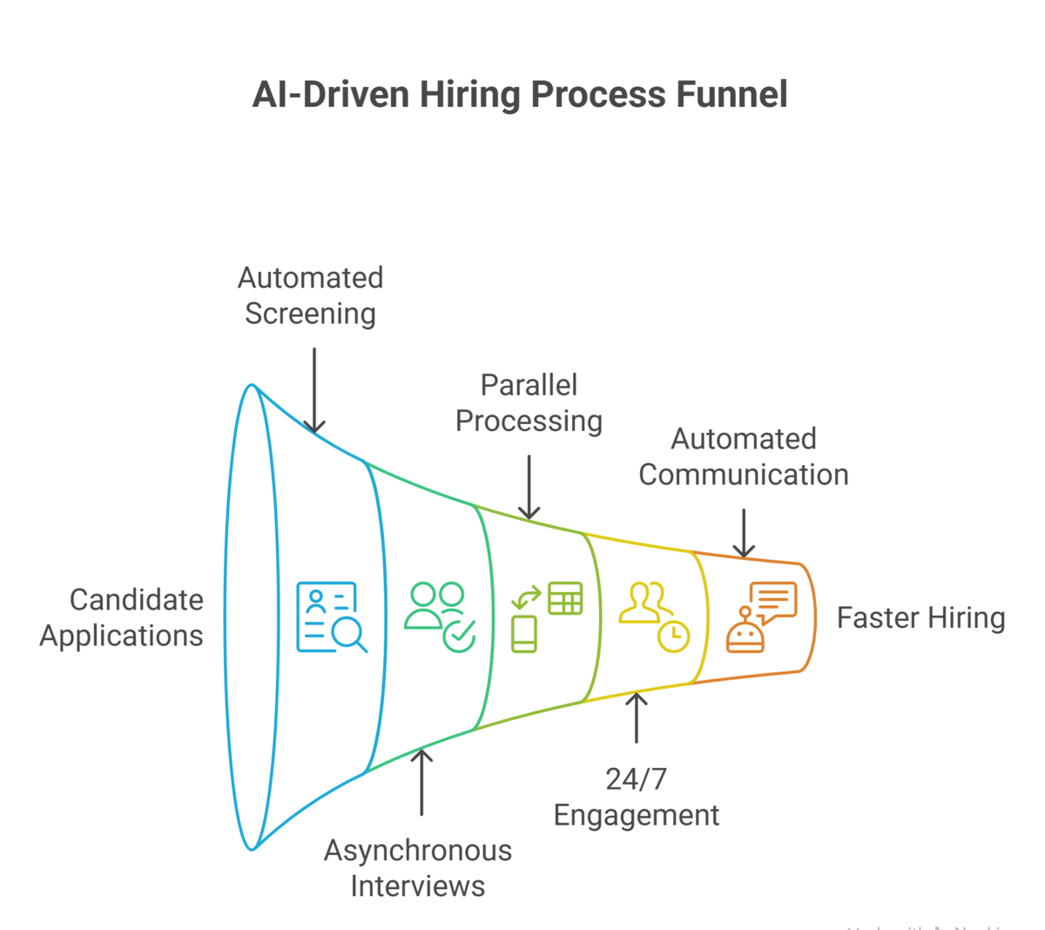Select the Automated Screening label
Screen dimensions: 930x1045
click(311, 295)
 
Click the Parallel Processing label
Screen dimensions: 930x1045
click(529, 402)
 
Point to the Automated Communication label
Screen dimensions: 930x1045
click(744, 456)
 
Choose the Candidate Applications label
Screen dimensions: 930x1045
click(122, 617)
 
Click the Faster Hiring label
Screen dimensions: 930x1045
click(920, 617)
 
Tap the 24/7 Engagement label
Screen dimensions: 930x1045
click(637, 796)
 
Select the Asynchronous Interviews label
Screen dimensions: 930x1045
click(418, 867)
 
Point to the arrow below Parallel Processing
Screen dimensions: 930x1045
click(529, 487)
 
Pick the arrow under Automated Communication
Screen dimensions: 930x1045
click(744, 533)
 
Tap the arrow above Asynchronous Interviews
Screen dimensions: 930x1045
click(421, 782)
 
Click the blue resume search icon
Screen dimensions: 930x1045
click(330, 617)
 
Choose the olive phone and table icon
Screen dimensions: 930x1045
click(546, 617)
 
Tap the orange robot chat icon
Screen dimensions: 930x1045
click(761, 617)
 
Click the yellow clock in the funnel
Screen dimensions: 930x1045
click(673, 637)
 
